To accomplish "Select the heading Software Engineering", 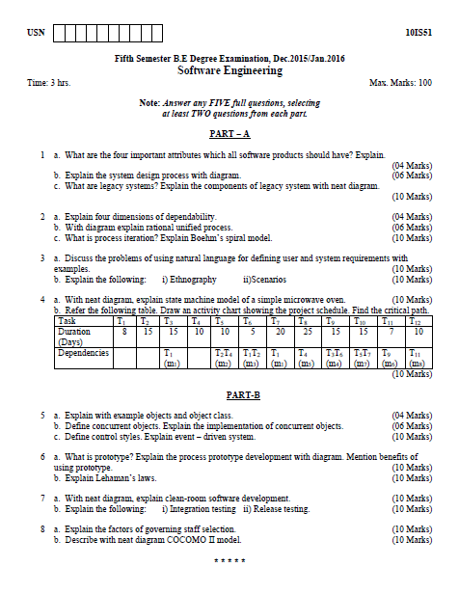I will coord(229,70).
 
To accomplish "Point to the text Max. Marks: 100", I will coord(400,83).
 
